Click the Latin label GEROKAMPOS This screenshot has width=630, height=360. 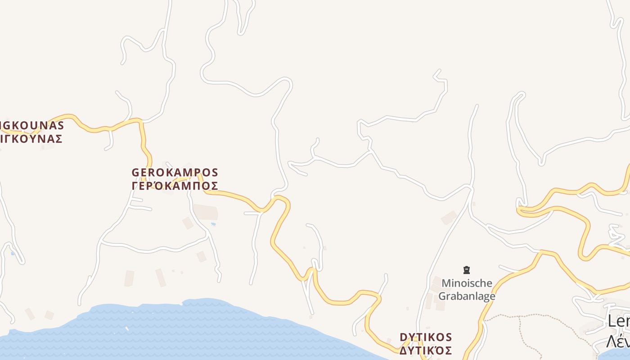(175, 172)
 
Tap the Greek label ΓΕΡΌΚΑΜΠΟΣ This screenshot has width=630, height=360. (175, 186)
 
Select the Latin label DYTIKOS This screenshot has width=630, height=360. (426, 337)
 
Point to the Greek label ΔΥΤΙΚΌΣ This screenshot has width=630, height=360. (426, 350)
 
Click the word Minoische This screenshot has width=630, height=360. (467, 283)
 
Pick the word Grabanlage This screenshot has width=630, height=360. (467, 296)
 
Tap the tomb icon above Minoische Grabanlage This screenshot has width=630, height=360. (467, 270)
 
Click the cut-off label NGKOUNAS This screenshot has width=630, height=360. (31, 125)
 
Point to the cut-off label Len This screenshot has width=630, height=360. (618, 321)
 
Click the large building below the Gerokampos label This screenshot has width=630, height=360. (206, 212)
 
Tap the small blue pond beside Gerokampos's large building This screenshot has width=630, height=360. (213, 224)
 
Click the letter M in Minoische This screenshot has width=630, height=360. (446, 283)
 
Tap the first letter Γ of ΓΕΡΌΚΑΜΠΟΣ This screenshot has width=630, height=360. (135, 186)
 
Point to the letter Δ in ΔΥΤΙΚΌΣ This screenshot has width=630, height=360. (404, 350)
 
